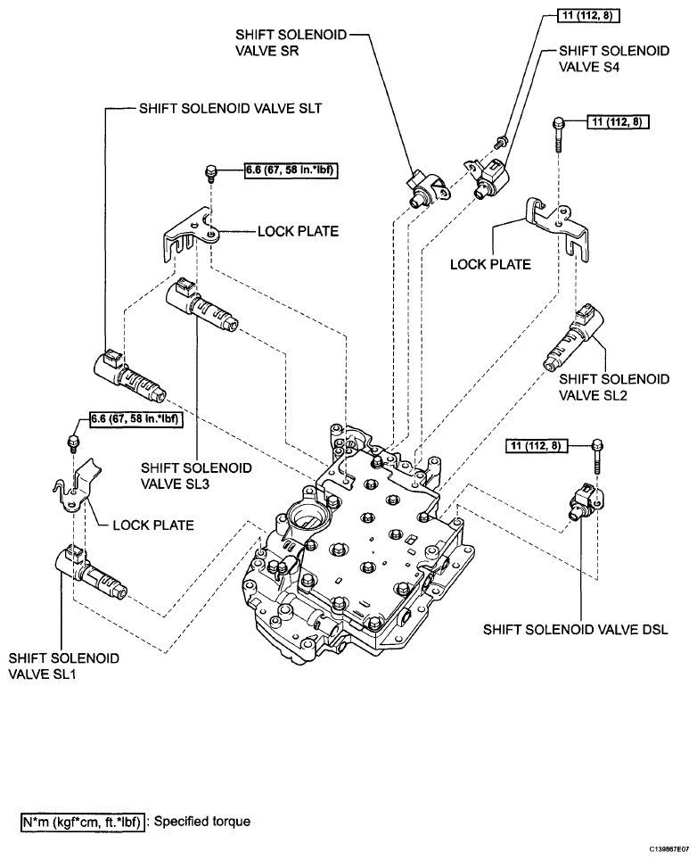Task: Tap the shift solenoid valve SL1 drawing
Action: click(91, 572)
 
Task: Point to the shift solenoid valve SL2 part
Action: click(572, 335)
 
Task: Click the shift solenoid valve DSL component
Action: click(586, 500)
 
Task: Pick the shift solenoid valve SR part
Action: click(428, 188)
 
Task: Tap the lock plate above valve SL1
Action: click(78, 487)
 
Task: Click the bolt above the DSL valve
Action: click(597, 457)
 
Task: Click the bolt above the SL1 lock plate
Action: click(72, 442)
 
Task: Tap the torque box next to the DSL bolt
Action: click(536, 445)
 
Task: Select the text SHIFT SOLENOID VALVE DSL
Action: click(576, 629)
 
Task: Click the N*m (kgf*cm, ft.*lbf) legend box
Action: click(83, 822)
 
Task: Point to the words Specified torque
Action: click(202, 821)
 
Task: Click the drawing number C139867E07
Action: click(670, 848)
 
